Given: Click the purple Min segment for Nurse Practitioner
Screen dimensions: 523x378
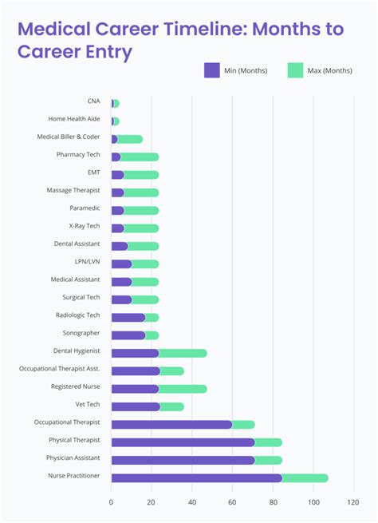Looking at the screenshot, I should pos(195,477).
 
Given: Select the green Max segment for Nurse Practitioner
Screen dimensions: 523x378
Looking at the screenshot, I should pos(305,477).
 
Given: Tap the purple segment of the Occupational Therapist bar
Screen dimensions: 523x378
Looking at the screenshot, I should pos(171,424).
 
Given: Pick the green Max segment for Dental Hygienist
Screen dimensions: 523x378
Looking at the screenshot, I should pos(183,353).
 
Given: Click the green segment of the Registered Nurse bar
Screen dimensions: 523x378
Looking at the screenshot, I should pos(183,389).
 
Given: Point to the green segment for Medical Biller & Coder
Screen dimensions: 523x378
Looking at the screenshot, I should pos(130,139).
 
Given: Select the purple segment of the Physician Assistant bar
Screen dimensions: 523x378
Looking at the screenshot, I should pos(183,460).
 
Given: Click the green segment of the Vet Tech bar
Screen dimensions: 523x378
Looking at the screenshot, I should pos(172,406).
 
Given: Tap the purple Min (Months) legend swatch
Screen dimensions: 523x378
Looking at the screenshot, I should pos(212,70).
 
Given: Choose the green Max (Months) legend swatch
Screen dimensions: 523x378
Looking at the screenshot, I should pos(295,70).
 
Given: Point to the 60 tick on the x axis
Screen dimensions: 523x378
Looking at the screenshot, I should pos(232,502).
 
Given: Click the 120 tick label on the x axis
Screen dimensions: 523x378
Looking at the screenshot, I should pos(352,502).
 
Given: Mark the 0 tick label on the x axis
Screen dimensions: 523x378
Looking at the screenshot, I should pos(111,502).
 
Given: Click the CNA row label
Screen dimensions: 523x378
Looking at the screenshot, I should pos(93,101).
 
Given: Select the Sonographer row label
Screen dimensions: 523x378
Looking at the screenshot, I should pos(81,332).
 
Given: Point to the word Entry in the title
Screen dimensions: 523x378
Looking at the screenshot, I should pos(103,53).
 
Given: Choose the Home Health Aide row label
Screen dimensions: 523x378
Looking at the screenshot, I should pos(74,119).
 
